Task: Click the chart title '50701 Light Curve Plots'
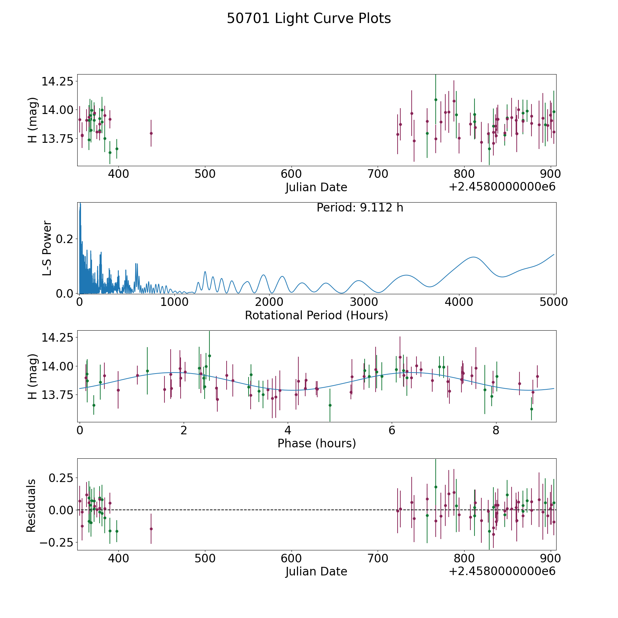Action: pyautogui.click(x=309, y=19)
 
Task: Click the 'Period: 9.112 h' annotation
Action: pyautogui.click(x=360, y=208)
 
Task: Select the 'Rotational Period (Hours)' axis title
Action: pyautogui.click(x=316, y=315)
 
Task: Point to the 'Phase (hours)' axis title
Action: pyautogui.click(x=317, y=443)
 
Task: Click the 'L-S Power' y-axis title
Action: pyautogui.click(x=47, y=248)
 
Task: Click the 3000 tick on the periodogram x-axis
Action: pyautogui.click(x=364, y=302)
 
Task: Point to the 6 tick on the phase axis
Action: pyautogui.click(x=392, y=430)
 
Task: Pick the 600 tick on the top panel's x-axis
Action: pyautogui.click(x=291, y=174)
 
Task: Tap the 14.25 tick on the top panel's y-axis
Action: pyautogui.click(x=57, y=82)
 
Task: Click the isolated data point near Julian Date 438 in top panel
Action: pyautogui.click(x=151, y=133)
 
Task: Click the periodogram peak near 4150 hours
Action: pyautogui.click(x=473, y=257)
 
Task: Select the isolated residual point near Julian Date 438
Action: pyautogui.click(x=151, y=529)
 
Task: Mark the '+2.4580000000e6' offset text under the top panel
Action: pyautogui.click(x=502, y=187)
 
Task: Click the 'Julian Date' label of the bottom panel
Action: pyautogui.click(x=316, y=571)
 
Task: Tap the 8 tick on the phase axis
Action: pyautogui.click(x=496, y=430)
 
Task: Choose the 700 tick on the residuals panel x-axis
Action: pyautogui.click(x=378, y=558)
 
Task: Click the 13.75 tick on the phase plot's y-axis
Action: pyautogui.click(x=57, y=395)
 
